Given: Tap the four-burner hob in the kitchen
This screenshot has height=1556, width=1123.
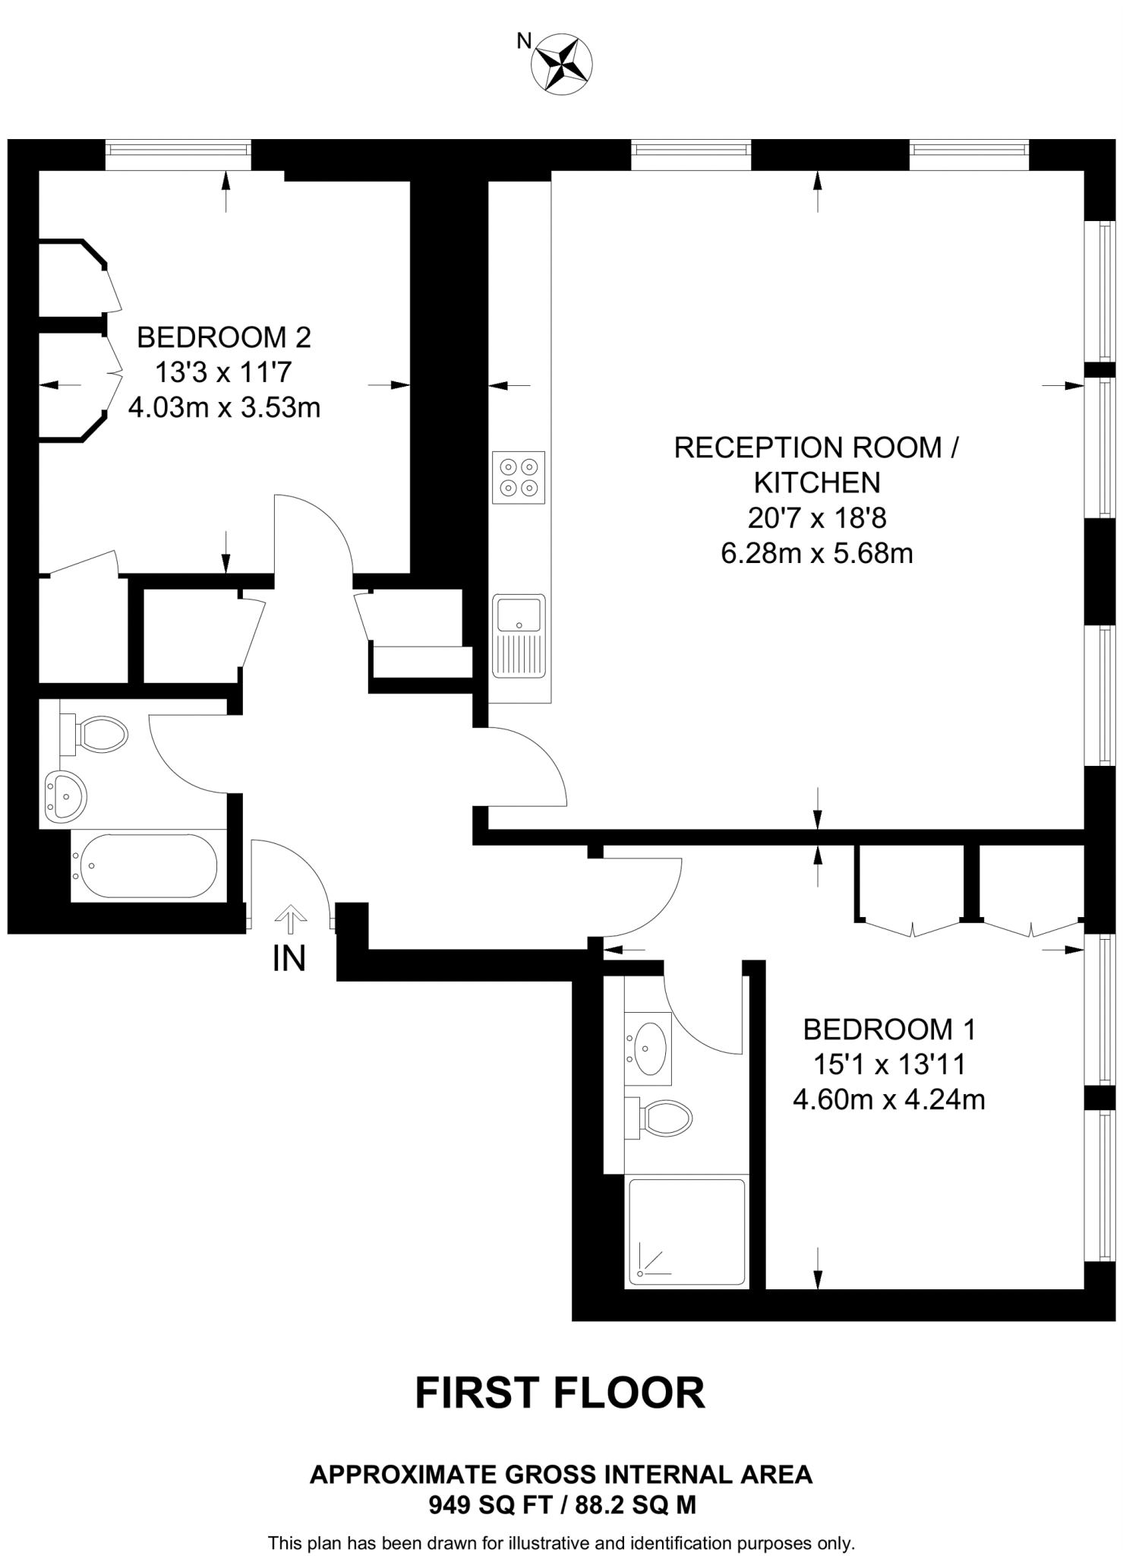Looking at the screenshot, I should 519,477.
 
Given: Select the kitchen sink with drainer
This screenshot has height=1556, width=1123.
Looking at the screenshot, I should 519,635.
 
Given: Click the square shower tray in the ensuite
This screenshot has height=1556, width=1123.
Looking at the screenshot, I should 686,1232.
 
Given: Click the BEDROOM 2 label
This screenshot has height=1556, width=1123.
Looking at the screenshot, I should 224,337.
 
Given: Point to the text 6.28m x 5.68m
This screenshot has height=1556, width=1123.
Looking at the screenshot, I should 816,553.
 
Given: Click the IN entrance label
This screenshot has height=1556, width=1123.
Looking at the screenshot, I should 289,959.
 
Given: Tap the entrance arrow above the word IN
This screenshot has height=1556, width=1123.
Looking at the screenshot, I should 289,919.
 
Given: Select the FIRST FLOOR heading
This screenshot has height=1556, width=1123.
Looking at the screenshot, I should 560,1393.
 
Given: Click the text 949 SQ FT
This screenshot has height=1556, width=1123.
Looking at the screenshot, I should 487,1504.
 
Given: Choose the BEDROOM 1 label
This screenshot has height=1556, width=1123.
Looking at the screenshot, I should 889,1029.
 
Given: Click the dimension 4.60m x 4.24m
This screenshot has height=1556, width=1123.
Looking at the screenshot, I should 889,1099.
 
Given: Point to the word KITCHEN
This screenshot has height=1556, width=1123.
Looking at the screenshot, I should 817,482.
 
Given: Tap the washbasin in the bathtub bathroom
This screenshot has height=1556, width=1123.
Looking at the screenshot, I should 65,797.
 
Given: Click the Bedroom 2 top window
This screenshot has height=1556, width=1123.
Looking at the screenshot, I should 178,155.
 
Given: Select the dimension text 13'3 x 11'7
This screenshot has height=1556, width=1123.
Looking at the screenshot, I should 224,372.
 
